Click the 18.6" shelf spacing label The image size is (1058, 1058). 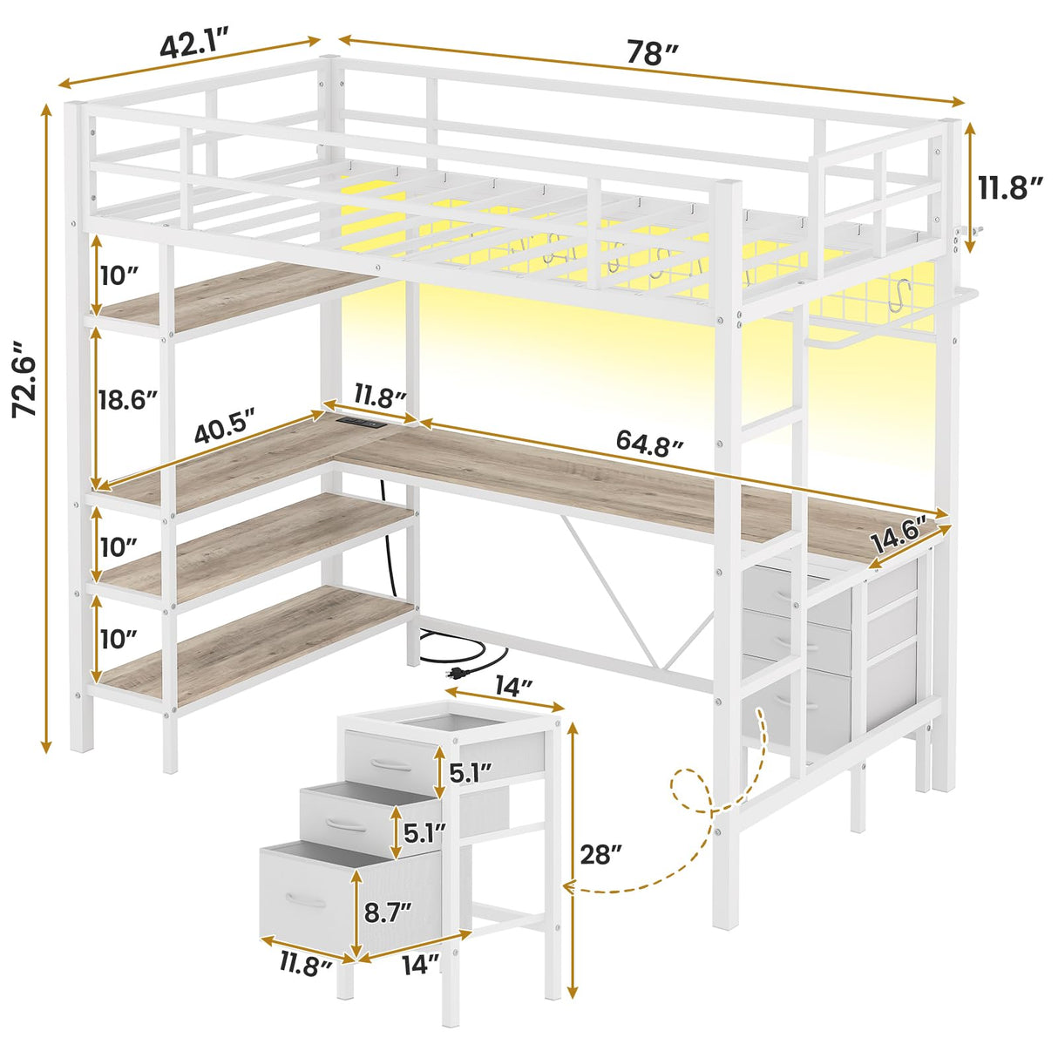pyautogui.click(x=128, y=400)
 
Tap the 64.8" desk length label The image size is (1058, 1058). pyautogui.click(x=648, y=442)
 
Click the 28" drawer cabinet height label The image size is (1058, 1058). pyautogui.click(x=601, y=855)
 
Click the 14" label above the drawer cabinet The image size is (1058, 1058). pyautogui.click(x=512, y=688)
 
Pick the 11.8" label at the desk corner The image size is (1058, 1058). pyautogui.click(x=380, y=397)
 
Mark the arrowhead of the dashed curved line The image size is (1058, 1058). pyautogui.click(x=569, y=887)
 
